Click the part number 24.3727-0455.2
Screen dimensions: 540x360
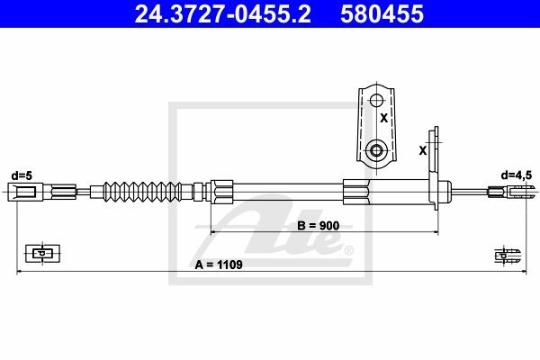223,13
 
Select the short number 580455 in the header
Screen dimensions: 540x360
382,13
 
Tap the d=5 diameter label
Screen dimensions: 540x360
22,175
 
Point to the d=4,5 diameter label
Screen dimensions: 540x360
516,175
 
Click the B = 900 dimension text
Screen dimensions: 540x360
319,226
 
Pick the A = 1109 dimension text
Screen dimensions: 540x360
219,265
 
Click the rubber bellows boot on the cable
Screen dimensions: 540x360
142,192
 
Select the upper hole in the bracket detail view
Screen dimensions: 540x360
376,101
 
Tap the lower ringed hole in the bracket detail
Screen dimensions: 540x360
376,150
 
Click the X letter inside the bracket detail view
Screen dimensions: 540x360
383,118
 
